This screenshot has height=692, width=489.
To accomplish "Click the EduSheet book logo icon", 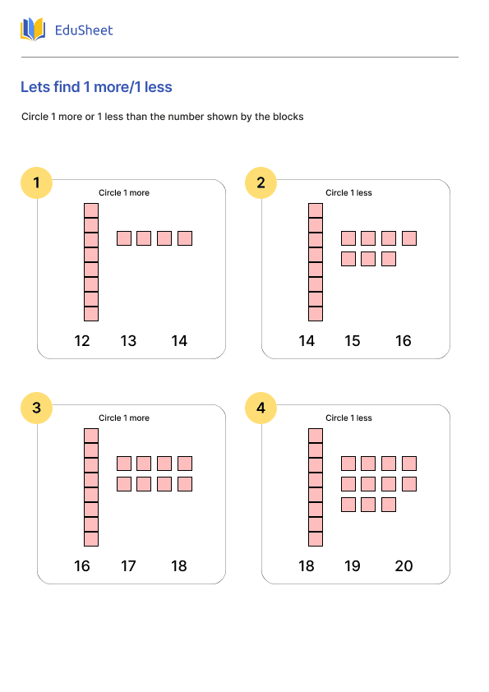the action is tap(33, 30).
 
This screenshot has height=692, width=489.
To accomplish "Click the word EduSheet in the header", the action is tap(84, 30).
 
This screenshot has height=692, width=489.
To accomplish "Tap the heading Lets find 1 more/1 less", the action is tap(96, 87).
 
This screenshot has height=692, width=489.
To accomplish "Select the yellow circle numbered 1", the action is tap(37, 182).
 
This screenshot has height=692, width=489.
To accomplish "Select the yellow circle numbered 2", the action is tap(261, 182).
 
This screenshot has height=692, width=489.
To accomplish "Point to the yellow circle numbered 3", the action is tap(37, 408).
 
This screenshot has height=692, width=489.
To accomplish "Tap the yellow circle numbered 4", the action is tap(261, 408).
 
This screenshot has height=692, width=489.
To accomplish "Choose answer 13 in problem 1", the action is tap(128, 341).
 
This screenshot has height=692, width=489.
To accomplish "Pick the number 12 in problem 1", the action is tap(82, 341).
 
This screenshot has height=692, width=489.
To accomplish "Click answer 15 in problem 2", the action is tap(353, 341).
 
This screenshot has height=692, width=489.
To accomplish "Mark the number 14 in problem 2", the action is tap(307, 341).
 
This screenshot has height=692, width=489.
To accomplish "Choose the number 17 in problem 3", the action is tap(128, 565).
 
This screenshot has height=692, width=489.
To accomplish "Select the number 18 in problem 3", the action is tap(179, 565).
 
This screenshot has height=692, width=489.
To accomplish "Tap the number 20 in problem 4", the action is tap(404, 565).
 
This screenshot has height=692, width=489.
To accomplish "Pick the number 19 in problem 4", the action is tap(353, 565).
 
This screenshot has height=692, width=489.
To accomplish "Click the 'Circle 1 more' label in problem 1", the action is tap(124, 193).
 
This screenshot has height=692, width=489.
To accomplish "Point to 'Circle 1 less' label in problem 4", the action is tap(348, 418).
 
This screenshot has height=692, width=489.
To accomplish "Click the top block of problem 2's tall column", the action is tap(316, 210).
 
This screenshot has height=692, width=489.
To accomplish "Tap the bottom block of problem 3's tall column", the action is tap(91, 539).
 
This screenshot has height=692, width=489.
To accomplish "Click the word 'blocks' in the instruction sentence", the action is tap(288, 117).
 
